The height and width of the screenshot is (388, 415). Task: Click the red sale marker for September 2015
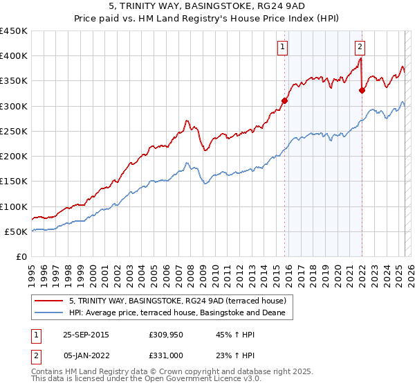point(284,100)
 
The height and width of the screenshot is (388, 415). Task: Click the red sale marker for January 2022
point(362,90)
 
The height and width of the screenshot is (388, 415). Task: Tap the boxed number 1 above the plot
point(284,47)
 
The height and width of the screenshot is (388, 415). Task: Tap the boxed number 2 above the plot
point(360,47)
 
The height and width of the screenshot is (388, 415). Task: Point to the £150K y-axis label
point(14,182)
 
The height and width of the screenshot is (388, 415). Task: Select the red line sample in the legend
point(49,301)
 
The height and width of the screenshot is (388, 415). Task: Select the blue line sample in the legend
point(49,313)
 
